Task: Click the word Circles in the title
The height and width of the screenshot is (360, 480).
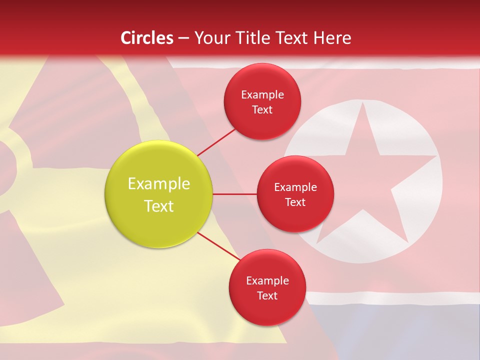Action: [147, 38]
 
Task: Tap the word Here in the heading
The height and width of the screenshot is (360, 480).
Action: [332, 38]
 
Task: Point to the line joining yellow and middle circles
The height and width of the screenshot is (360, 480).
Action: [234, 194]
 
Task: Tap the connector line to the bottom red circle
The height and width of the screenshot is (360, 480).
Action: [219, 246]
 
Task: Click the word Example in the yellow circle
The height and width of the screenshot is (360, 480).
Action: [159, 184]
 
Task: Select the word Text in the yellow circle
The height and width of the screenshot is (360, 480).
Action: [159, 206]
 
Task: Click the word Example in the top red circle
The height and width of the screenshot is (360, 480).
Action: [262, 94]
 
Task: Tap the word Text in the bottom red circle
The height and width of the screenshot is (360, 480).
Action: [267, 295]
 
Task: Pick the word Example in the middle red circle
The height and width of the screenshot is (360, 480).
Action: [295, 187]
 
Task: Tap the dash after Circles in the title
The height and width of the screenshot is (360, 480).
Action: [183, 38]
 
